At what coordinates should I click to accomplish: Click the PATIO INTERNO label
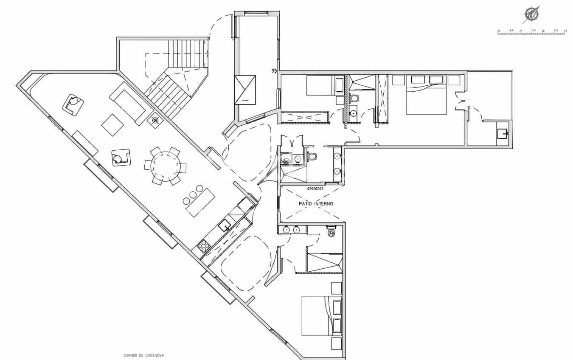coord(316,204)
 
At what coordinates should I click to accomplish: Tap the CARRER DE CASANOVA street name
coord(143,356)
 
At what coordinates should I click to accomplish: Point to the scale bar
coord(531,32)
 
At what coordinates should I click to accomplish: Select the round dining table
coord(165,166)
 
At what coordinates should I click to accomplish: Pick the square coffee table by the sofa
coord(112,125)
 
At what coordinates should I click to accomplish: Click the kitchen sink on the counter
coord(224,225)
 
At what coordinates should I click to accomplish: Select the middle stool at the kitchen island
coord(193,194)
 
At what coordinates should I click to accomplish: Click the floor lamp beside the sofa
coord(155,121)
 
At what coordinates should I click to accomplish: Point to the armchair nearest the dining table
coord(121,157)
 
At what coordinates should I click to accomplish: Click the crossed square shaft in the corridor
coord(245,89)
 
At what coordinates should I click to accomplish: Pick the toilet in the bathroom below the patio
coord(331,233)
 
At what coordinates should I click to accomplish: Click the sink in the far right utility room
coord(503,134)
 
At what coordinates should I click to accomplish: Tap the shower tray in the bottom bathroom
coord(324,262)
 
